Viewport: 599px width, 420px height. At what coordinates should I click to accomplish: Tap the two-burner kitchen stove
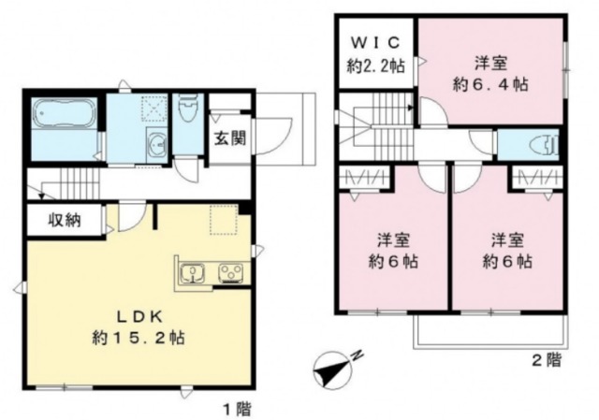click(230, 274)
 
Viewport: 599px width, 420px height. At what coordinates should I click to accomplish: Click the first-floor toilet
click(187, 111)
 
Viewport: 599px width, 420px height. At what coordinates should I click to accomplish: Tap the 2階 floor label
click(546, 359)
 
